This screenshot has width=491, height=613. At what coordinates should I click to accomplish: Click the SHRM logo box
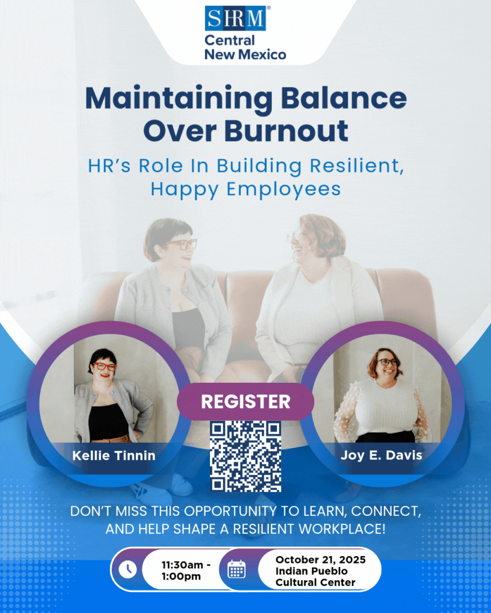tap(235, 18)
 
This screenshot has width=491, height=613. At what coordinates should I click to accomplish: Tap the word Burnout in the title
tap(286, 131)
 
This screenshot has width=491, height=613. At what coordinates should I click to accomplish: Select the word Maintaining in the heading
tap(179, 99)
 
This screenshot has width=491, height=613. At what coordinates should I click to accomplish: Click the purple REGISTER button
tap(245, 402)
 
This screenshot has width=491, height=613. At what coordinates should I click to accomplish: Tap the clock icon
tap(128, 570)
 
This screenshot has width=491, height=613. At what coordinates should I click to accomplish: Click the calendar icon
tap(236, 569)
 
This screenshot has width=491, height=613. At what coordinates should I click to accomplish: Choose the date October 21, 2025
tap(321, 560)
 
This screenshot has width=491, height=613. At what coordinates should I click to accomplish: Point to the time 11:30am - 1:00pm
tap(186, 571)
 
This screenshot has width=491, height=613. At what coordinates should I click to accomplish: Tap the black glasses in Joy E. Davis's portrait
tap(388, 362)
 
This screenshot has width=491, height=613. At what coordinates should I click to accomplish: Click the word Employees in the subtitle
tap(284, 190)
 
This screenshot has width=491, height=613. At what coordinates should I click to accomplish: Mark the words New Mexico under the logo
tap(245, 54)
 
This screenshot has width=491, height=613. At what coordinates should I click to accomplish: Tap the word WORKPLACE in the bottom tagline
tap(342, 529)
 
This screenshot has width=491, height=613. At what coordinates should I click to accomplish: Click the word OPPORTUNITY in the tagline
tap(230, 511)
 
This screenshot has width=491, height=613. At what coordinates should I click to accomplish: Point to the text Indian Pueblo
tap(311, 571)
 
